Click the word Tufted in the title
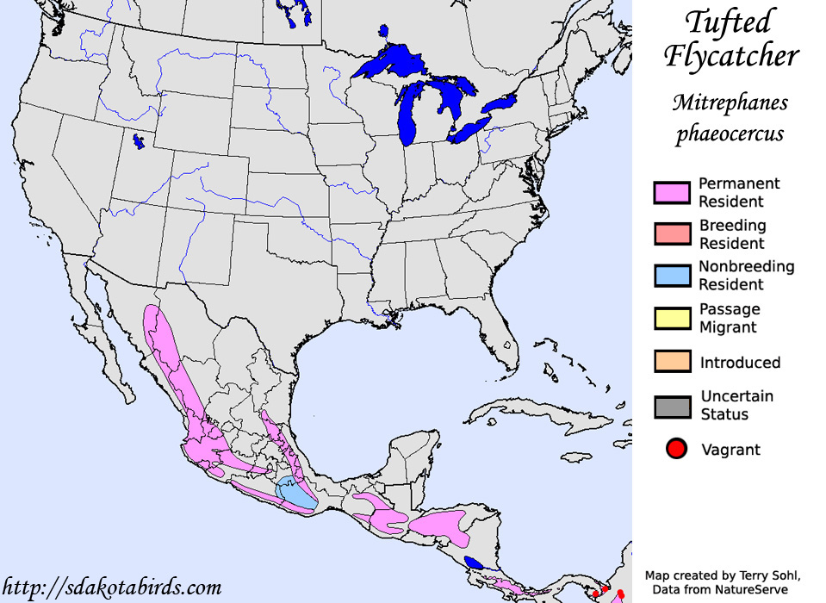point(729,22)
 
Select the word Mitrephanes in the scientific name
point(730,103)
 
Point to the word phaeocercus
point(730,134)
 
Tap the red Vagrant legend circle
point(677,449)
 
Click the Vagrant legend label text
point(730,449)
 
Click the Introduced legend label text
point(740,363)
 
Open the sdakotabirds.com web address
point(111,587)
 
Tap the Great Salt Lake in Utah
point(139,141)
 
